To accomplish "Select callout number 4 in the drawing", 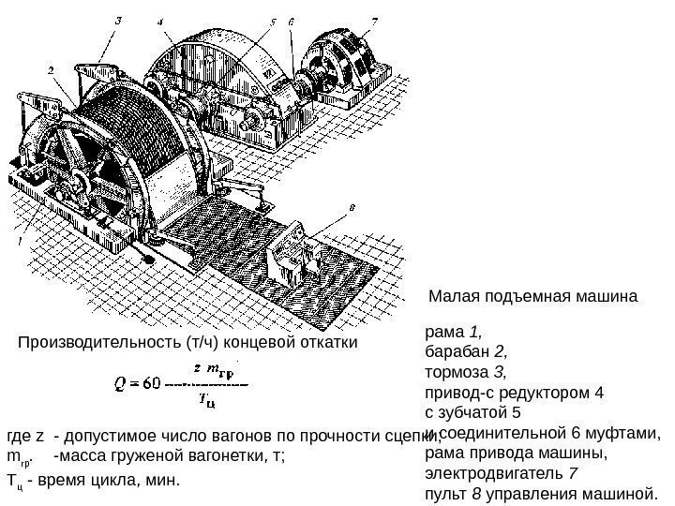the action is [163, 20].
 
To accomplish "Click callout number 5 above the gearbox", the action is [273, 20].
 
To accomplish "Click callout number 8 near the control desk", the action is [351, 207].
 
